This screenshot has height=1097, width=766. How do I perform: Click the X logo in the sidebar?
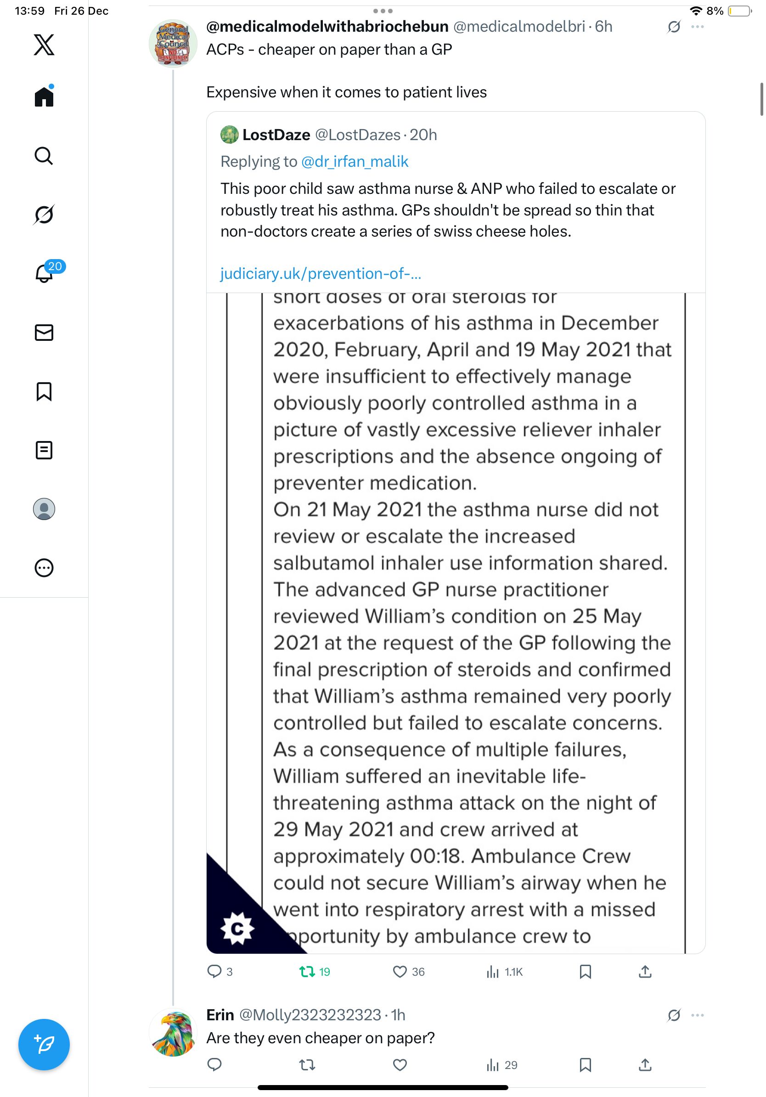[x=44, y=45]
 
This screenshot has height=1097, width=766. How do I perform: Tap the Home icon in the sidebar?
[x=44, y=96]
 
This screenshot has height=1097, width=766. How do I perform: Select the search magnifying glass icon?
[x=44, y=156]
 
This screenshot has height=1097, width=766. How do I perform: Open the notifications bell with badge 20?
[x=44, y=273]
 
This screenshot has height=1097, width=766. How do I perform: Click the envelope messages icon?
[x=44, y=333]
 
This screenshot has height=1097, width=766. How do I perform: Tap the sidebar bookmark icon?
[x=44, y=391]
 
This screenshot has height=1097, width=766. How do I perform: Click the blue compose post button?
[x=44, y=1045]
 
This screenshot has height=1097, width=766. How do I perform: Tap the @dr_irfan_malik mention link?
[x=355, y=162]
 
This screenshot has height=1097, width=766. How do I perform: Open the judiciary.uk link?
[x=321, y=274]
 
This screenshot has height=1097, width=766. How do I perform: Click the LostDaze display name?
[x=276, y=135]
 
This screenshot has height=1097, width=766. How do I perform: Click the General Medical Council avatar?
[x=173, y=44]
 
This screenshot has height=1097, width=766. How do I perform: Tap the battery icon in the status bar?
[x=739, y=11]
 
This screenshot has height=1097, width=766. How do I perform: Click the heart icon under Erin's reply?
[x=400, y=1065]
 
